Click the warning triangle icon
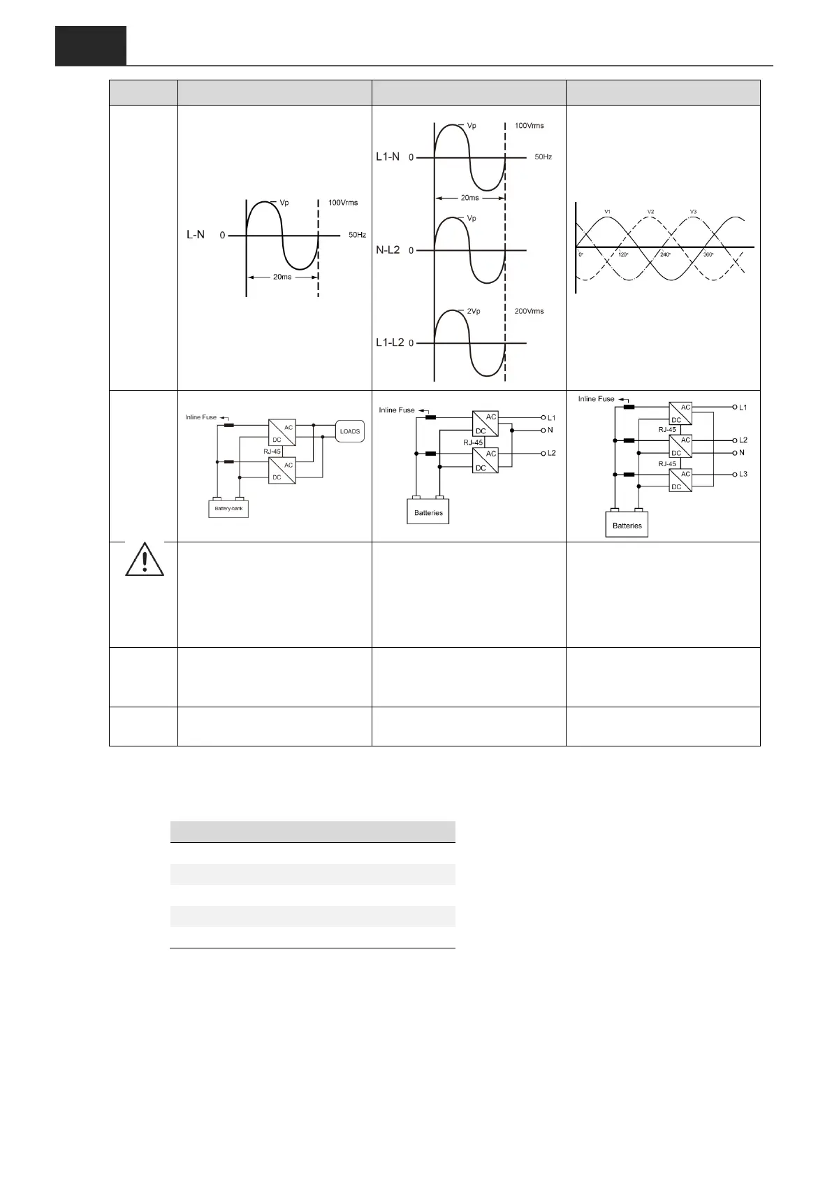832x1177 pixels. point(145,560)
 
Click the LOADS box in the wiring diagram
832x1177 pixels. point(349,431)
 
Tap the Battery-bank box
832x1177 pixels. point(228,509)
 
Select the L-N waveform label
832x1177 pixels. point(196,236)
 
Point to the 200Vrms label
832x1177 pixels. point(529,311)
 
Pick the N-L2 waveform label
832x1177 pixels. point(389,250)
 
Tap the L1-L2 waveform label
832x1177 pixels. point(390,342)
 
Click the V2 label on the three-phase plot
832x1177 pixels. point(650,211)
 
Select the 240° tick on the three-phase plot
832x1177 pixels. point(665,255)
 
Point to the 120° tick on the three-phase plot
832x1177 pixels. point(623,255)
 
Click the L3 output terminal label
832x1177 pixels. point(743,474)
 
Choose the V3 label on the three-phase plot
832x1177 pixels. point(693,211)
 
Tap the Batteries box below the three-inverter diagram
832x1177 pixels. point(627,525)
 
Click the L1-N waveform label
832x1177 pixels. point(388,157)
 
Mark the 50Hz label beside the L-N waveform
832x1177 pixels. point(357,236)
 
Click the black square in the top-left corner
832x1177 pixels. point(91,45)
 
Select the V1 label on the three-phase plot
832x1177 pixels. point(607,211)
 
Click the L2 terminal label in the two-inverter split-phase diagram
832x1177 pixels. point(552,454)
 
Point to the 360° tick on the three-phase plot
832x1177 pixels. point(708,255)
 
